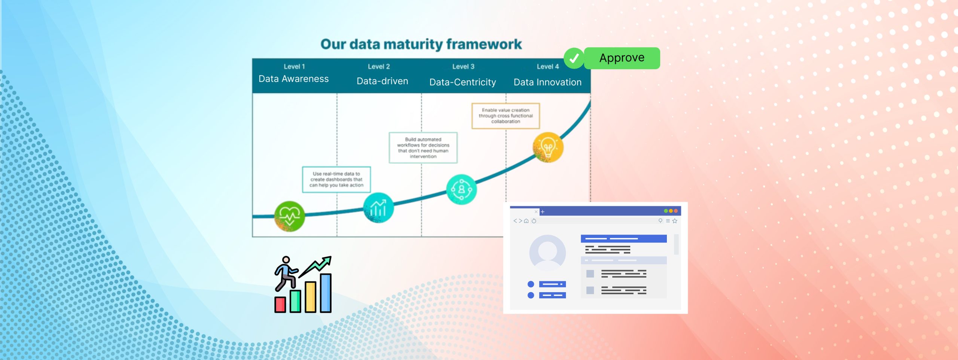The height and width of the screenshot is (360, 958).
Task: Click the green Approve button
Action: tap(622, 58)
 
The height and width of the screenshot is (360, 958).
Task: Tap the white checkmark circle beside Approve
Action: tap(574, 58)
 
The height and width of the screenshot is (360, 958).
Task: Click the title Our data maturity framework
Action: tap(421, 44)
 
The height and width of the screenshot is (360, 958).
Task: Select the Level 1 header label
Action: tap(294, 67)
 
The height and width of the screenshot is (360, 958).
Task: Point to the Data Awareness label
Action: tap(293, 79)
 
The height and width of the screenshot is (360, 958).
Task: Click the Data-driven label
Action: tap(382, 81)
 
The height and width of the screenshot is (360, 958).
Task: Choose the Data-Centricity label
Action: tap(463, 82)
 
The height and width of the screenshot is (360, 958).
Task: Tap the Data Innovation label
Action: tap(547, 82)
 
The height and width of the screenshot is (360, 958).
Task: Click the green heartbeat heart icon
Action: tap(289, 216)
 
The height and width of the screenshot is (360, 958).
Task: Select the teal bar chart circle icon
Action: tap(378, 208)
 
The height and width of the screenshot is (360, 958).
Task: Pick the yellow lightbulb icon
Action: tap(548, 147)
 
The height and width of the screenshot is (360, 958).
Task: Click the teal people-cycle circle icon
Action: tap(461, 189)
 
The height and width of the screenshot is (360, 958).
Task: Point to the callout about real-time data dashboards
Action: tap(336, 180)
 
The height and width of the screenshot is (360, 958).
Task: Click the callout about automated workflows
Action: tap(423, 148)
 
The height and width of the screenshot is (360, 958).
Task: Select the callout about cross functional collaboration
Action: tap(506, 116)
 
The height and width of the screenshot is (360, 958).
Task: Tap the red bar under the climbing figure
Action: tap(280, 305)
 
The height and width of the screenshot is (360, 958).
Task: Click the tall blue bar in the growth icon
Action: tap(326, 293)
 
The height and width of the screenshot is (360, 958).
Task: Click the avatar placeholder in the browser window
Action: tap(547, 253)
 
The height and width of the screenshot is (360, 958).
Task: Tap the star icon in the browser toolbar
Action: tap(675, 221)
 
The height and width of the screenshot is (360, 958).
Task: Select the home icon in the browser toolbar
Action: tap(526, 221)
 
